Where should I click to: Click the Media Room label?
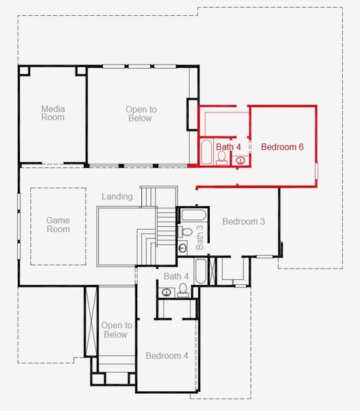53,113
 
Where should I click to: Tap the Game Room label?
58,225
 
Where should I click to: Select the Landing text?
117,197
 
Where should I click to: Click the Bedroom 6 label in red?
282,147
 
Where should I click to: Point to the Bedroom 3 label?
243,221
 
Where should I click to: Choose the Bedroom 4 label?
167,356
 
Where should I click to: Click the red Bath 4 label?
228,147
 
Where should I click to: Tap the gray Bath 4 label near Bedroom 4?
176,276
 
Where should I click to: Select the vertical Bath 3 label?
200,236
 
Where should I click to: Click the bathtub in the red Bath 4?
206,152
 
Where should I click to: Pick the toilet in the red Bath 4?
222,158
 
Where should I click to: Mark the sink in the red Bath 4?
241,160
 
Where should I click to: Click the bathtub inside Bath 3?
190,214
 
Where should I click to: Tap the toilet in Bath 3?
185,232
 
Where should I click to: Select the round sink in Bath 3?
183,248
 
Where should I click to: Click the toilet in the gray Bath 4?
182,292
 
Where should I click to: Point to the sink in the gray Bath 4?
167,292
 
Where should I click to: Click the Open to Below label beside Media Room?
141,114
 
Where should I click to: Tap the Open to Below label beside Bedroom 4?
116,330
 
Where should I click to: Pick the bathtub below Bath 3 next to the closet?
200,272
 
